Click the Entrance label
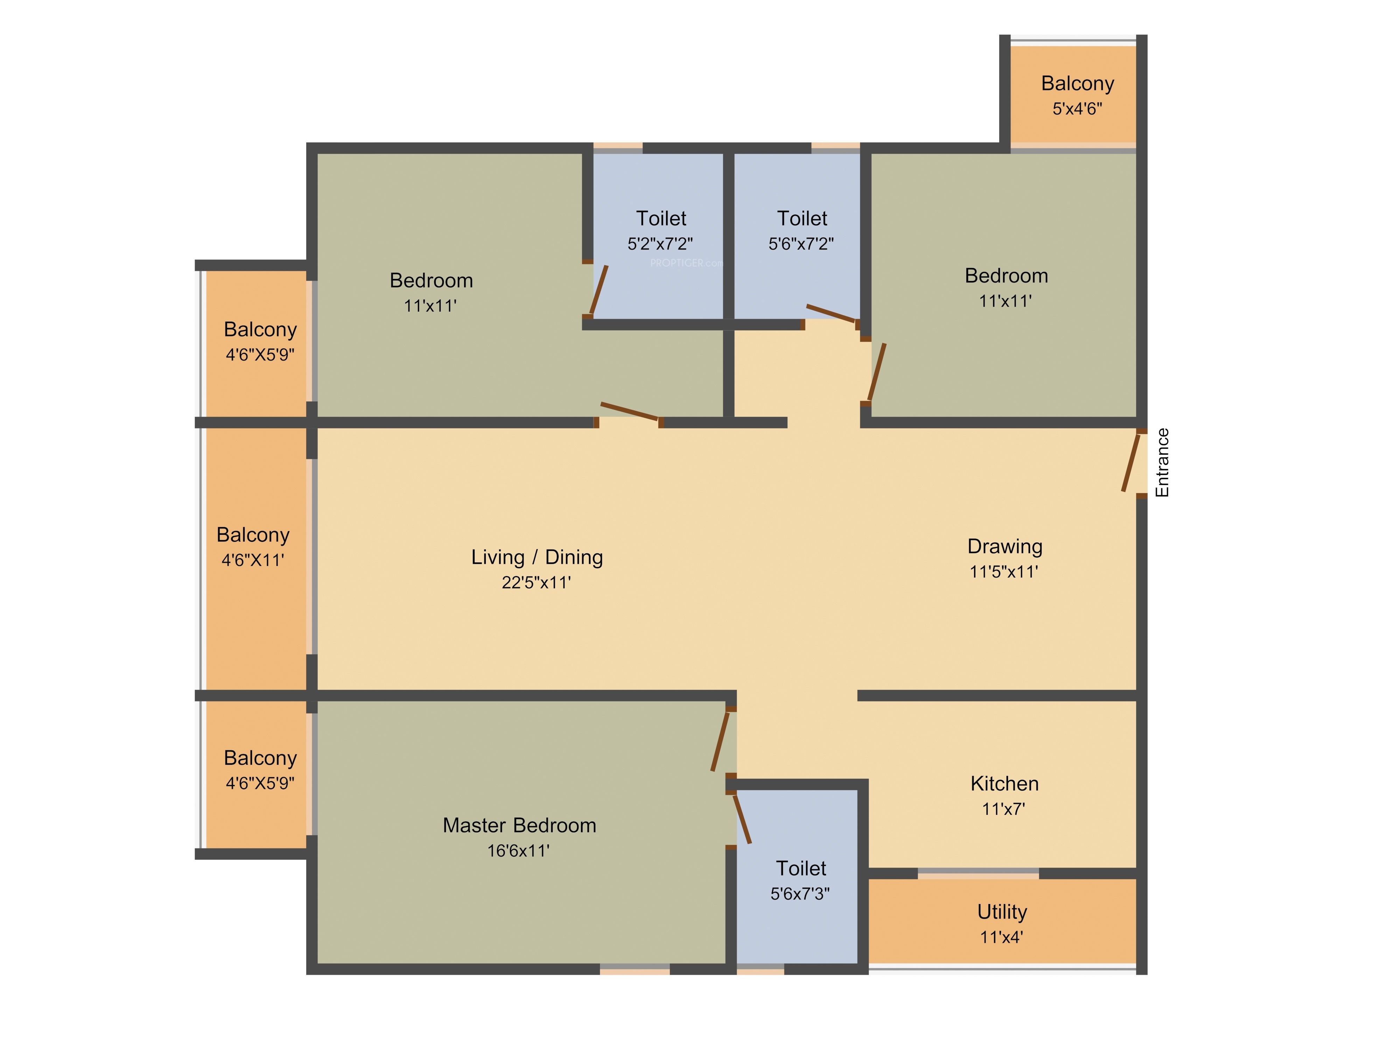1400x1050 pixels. point(1162,463)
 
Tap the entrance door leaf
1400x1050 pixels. point(1131,463)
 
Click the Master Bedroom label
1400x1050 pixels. point(519,825)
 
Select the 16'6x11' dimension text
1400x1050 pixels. point(518,850)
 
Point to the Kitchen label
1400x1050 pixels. point(1004,784)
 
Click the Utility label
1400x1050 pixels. point(1002,912)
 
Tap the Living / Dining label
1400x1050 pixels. point(537,557)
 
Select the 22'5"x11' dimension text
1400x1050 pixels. point(537,582)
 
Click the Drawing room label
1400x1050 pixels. point(1005,547)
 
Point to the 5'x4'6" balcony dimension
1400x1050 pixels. point(1077,109)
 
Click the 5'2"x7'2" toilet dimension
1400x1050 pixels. point(660,244)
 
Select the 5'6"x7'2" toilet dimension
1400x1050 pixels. point(801,244)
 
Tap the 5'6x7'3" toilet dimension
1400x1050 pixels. point(800,894)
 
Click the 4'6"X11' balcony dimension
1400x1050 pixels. point(253,560)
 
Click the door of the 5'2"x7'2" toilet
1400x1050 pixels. point(599,290)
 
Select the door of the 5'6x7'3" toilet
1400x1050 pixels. point(742,819)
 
